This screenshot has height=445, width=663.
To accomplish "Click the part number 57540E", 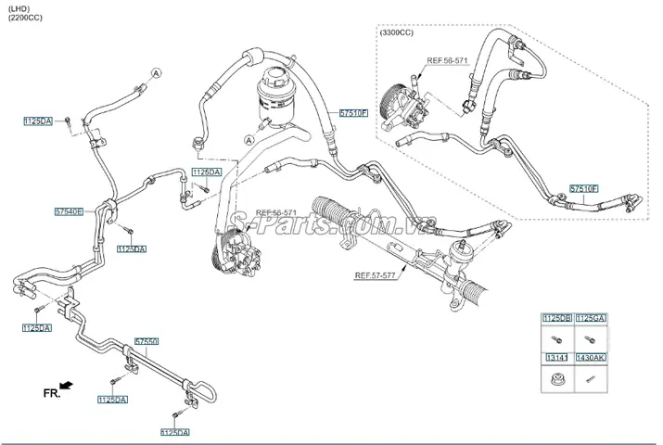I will [69, 211].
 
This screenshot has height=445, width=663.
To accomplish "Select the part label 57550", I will [148, 341].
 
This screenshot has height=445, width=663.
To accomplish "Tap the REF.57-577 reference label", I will [376, 275].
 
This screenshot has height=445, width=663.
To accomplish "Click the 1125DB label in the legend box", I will [558, 319].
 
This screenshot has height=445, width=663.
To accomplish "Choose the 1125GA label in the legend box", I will [592, 319].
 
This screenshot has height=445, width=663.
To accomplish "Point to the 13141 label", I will [558, 357].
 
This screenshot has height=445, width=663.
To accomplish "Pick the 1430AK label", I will [592, 357].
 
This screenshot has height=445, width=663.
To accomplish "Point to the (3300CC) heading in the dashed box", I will [398, 33].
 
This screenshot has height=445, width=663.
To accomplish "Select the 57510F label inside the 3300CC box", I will [584, 188].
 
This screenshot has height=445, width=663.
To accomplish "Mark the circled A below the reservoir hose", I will [248, 139].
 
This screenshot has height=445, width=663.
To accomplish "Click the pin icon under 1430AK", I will [591, 377].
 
